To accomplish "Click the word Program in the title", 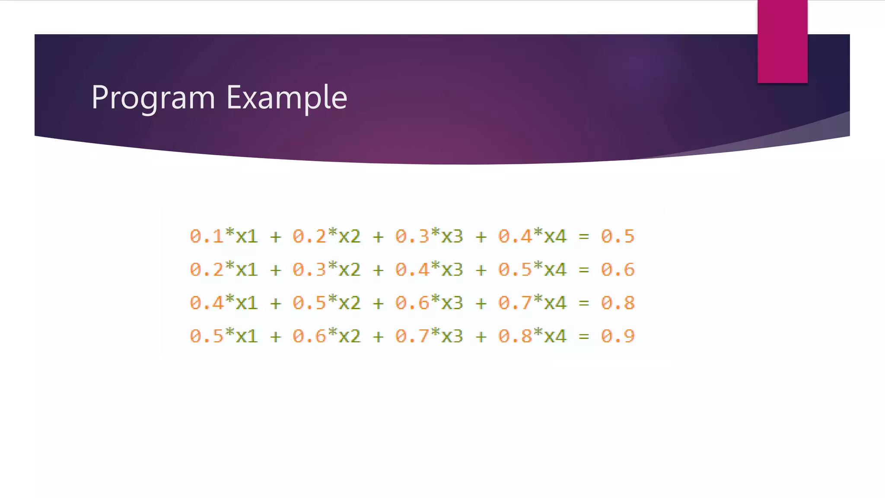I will pos(153,98).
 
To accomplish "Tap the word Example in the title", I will pos(287,98).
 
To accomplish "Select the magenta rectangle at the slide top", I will pos(782,41).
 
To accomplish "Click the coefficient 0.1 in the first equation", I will pos(207,236).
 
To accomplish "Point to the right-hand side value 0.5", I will pos(618,236).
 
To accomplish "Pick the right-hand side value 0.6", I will pos(618,270).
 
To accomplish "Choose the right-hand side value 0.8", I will pos(618,303).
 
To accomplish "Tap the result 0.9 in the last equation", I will pos(618,336).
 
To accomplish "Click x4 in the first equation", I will pos(555,236).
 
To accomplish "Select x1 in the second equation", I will pos(247,270).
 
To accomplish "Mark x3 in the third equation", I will pos(452,303).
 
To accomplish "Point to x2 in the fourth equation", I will pos(350,336).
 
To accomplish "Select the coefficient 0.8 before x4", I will pos(515,336).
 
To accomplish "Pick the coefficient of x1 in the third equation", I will pos(207,303).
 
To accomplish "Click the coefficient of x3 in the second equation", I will pos(412,270).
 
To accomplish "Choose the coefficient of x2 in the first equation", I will pos(309,236).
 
